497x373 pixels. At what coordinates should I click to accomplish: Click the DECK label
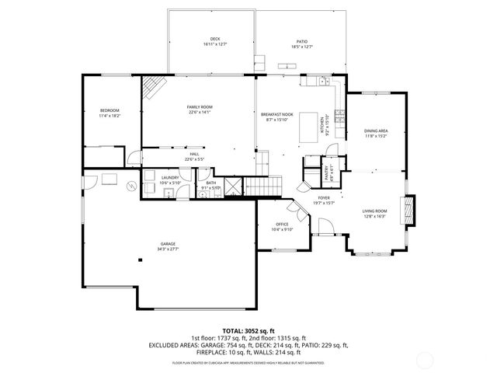click(215, 40)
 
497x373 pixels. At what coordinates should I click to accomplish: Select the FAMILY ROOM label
click(200, 106)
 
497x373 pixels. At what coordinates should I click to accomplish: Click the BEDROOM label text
click(109, 111)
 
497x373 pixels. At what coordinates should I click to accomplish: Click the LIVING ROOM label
click(375, 211)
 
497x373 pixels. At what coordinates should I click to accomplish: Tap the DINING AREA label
click(377, 131)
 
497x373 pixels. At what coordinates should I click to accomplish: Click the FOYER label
click(323, 198)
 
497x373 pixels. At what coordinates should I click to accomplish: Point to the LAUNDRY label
click(171, 178)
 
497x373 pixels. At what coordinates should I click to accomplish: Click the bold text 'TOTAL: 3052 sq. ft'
click(248, 331)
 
